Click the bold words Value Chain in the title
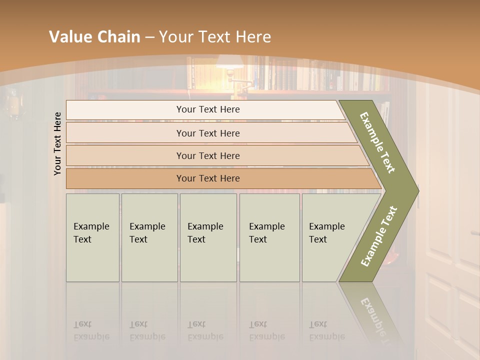tap(94, 37)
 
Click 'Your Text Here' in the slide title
tap(215, 37)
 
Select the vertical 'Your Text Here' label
tap(57, 143)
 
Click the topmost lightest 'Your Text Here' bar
tap(207, 109)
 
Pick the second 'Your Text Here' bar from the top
tap(207, 133)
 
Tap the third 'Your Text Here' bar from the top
tap(207, 155)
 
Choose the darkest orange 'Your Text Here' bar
tap(207, 178)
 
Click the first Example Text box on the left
tap(92, 237)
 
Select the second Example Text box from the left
tap(149, 237)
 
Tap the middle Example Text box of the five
tap(208, 237)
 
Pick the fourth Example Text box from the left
tap(269, 237)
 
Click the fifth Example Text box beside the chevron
tap(327, 237)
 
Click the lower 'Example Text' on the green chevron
tap(379, 236)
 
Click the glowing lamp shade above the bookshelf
tap(229, 61)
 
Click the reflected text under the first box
tap(91, 330)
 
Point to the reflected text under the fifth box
tap(326, 330)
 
